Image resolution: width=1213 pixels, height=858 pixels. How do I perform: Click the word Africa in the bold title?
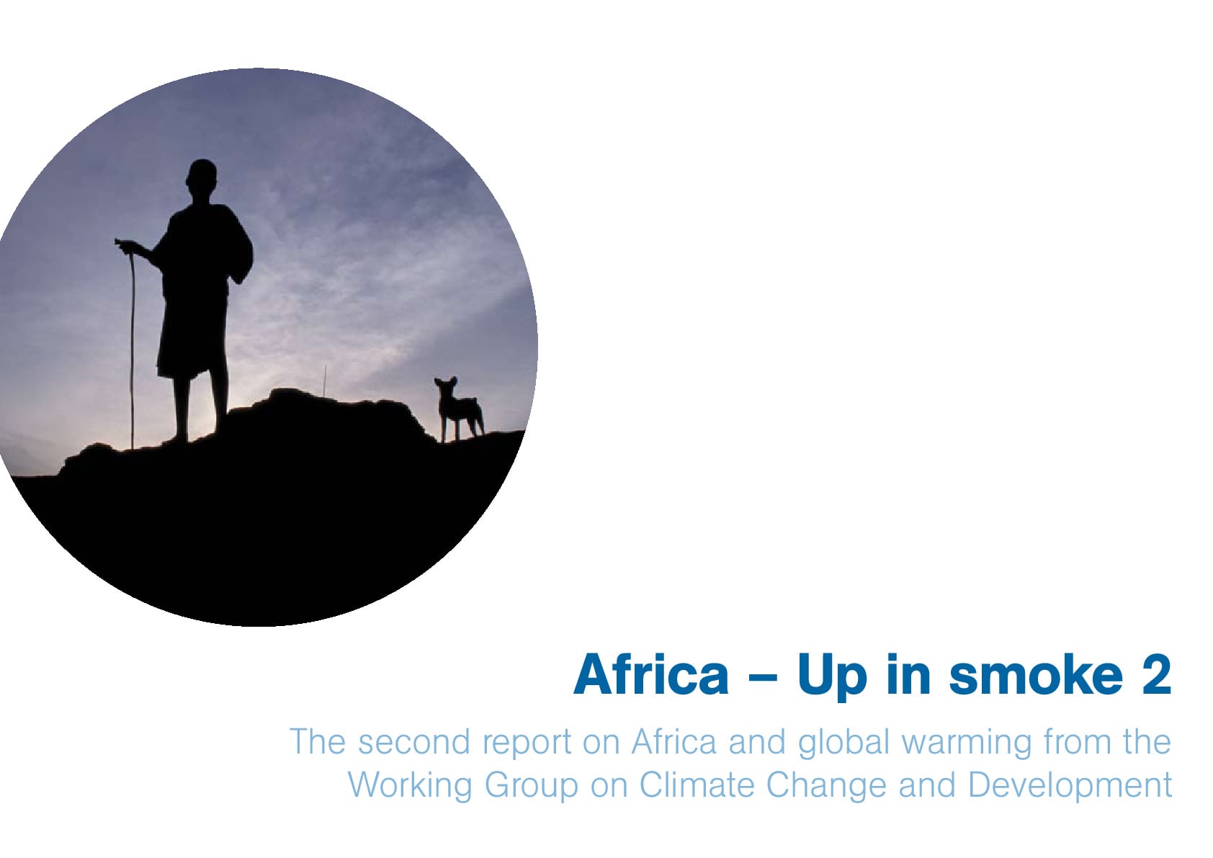point(651,674)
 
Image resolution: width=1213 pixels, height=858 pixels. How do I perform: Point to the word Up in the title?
point(832,678)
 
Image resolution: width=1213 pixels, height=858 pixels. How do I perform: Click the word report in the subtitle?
point(527,743)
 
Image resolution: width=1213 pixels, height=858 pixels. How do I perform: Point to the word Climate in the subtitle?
point(697,785)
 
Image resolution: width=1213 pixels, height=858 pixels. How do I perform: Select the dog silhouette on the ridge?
point(459,409)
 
